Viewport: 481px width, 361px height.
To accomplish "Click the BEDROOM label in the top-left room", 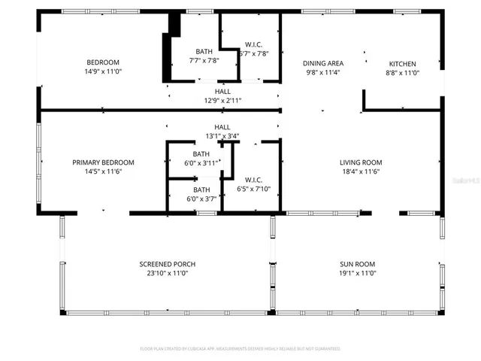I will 103,62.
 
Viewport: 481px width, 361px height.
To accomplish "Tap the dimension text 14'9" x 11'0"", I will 103,71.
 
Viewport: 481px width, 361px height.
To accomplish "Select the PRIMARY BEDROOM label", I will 103,162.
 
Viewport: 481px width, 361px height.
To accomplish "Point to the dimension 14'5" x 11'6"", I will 103,172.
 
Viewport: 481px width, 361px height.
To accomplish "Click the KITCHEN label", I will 402,64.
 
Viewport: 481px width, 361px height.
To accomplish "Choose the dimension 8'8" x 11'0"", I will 402,73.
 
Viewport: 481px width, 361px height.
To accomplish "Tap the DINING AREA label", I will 323,64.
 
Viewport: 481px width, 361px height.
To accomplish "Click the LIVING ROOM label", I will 361,162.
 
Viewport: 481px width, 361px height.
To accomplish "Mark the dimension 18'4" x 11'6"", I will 361,172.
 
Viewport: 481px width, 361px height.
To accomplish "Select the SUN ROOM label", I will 356,264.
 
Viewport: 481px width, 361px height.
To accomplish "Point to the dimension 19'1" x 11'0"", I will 356,274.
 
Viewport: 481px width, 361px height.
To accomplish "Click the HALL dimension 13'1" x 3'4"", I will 222,136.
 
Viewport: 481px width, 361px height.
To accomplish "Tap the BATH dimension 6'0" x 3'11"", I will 201,162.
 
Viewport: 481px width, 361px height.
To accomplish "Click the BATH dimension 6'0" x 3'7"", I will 201,199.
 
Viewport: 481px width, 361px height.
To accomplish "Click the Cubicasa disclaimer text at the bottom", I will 240,349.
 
